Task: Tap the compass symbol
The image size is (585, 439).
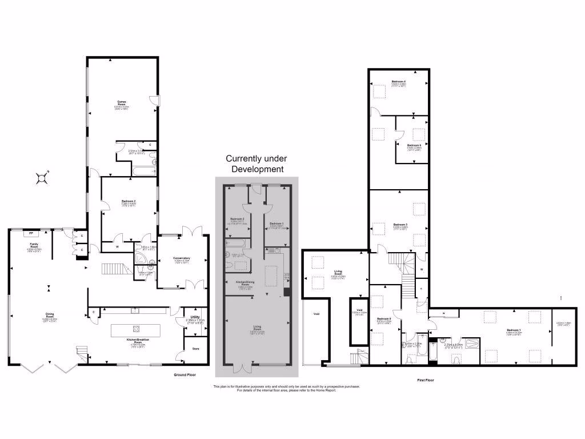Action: tap(42, 178)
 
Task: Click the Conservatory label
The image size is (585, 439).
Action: tap(181, 258)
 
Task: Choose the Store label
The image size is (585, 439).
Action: tap(195, 348)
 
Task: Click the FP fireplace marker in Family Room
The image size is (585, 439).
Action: tap(31, 233)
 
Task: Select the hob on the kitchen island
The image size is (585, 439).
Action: tap(137, 328)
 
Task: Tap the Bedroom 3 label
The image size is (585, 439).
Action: tap(399, 225)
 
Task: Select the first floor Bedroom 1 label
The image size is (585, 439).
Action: tap(513, 330)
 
